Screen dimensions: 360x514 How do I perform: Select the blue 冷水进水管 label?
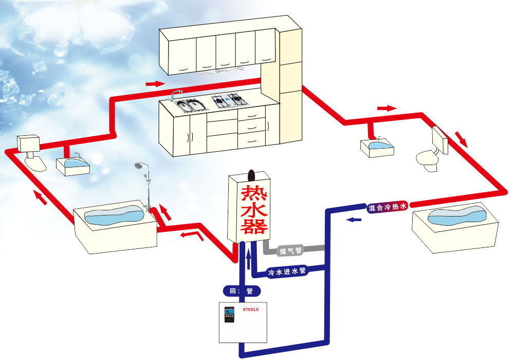click(x=287, y=271)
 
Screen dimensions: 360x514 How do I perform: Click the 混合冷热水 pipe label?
click(x=387, y=207)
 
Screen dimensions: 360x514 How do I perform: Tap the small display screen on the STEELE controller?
click(x=229, y=312)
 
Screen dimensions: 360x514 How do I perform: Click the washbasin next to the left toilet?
click(x=72, y=165)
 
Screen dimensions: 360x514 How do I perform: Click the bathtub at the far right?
click(x=455, y=226)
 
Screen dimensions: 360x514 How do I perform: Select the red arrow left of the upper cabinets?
click(x=155, y=83)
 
